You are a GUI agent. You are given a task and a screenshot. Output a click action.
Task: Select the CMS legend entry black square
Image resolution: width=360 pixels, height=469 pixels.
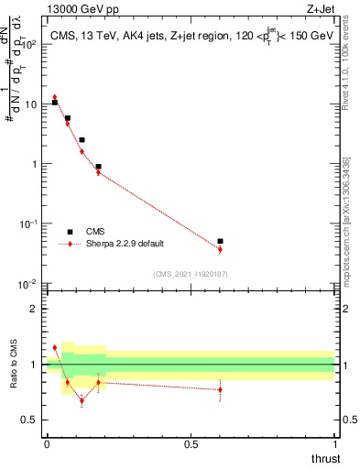tap(70, 232)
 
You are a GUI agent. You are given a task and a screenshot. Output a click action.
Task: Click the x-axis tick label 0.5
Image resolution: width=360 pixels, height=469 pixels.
tap(191, 444)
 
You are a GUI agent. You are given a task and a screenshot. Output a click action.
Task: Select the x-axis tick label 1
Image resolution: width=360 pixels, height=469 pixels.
tap(334, 444)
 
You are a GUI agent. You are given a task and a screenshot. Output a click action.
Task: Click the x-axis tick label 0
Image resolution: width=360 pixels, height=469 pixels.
tap(47, 444)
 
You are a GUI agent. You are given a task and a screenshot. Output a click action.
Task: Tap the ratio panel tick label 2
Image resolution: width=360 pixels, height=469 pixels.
tap(34, 309)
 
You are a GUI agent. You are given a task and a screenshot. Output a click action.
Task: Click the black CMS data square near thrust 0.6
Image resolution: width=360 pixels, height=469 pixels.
tap(220, 242)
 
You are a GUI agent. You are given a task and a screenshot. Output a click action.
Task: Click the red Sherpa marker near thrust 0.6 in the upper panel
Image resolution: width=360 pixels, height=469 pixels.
tap(220, 249)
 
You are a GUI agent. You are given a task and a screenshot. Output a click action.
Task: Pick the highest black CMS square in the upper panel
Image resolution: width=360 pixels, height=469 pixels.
tap(55, 103)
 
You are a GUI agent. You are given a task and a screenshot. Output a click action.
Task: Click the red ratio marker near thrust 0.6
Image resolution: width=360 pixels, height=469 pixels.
tap(220, 389)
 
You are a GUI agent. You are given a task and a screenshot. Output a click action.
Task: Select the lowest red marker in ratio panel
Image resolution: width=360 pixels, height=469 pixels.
tap(82, 400)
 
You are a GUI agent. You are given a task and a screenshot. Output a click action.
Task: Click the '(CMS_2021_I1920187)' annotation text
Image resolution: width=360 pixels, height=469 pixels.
tap(191, 273)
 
